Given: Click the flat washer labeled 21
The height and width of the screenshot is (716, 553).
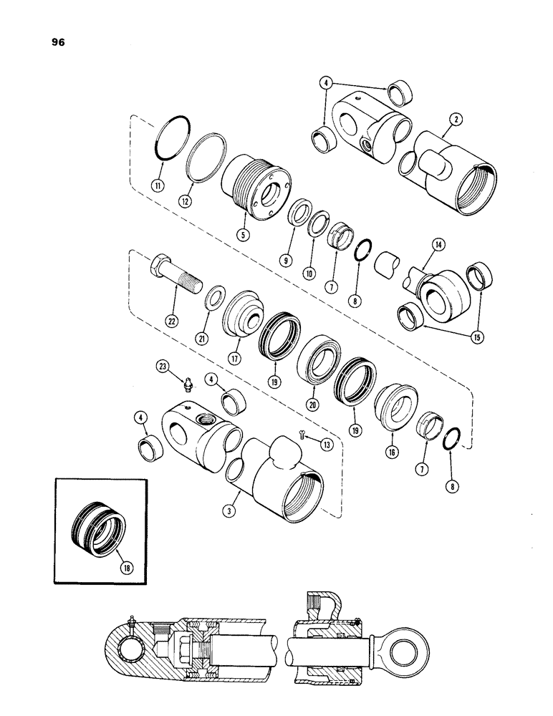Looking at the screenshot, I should coord(195,298).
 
